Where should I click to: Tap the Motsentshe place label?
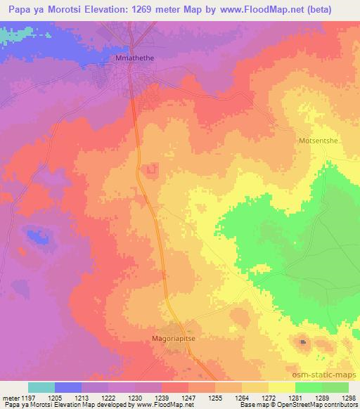pyautogui.click(x=319, y=141)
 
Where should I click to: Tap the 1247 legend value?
pyautogui.click(x=188, y=398)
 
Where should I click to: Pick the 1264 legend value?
pyautogui.click(x=243, y=398)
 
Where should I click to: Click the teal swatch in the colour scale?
pyautogui.click(x=41, y=387)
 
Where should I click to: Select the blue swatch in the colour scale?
pyautogui.click(x=67, y=387)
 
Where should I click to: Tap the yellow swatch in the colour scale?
pyautogui.click(x=281, y=387)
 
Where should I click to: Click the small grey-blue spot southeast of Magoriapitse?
pyautogui.click(x=304, y=342)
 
